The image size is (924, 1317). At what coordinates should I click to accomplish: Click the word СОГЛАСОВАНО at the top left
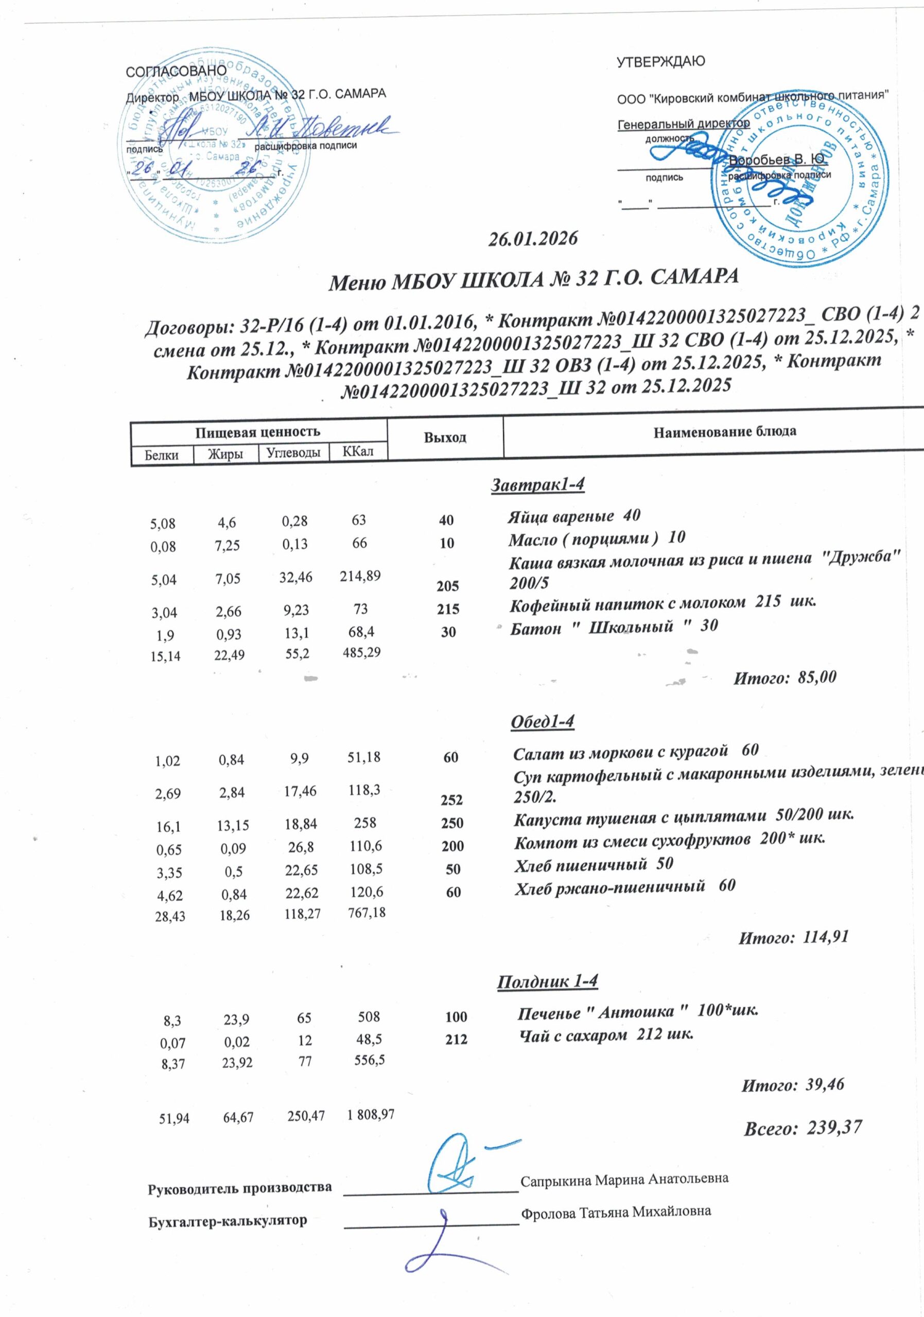[x=176, y=70]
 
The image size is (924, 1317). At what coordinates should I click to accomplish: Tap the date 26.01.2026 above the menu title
[x=532, y=239]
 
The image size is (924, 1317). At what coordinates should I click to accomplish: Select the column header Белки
[x=161, y=455]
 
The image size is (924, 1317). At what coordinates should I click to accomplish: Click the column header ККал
[x=358, y=451]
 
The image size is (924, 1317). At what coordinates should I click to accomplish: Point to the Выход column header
[x=445, y=437]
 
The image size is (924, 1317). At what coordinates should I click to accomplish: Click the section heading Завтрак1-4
[x=537, y=485]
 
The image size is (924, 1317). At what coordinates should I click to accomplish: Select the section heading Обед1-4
[x=542, y=722]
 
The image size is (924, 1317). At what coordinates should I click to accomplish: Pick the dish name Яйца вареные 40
[x=573, y=515]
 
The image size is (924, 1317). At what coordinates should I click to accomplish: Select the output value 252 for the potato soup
[x=452, y=799]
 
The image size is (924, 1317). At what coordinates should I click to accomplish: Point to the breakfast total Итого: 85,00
[x=785, y=678]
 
